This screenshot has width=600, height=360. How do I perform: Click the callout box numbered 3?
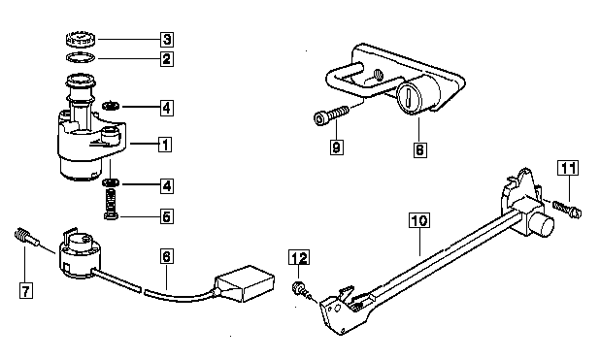(x=166, y=39)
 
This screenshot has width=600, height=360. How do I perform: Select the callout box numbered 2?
(x=166, y=59)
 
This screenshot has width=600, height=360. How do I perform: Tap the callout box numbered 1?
(x=165, y=145)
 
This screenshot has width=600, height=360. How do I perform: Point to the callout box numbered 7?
(x=25, y=291)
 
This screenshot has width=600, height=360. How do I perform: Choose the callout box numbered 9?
(x=336, y=147)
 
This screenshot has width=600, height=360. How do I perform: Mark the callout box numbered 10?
(x=419, y=220)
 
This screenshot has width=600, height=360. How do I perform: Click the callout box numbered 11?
(x=568, y=168)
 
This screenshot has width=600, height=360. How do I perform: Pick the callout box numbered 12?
(x=299, y=257)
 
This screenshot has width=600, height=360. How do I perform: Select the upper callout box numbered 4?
(x=166, y=108)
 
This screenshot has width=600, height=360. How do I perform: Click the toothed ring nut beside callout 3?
(x=81, y=39)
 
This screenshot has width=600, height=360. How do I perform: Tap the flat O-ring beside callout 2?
(x=81, y=57)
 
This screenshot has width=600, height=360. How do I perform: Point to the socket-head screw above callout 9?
(x=331, y=115)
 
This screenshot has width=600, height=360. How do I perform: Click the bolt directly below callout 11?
(x=567, y=209)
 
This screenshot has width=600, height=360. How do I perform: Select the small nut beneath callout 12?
(x=299, y=287)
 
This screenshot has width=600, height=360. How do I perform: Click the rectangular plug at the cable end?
(x=246, y=283)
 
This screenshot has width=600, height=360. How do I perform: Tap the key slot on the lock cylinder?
(x=409, y=97)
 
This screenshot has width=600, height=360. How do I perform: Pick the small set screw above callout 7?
(x=26, y=236)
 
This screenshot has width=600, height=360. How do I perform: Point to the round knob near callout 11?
(x=542, y=226)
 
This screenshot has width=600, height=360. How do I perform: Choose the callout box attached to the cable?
(x=166, y=256)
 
